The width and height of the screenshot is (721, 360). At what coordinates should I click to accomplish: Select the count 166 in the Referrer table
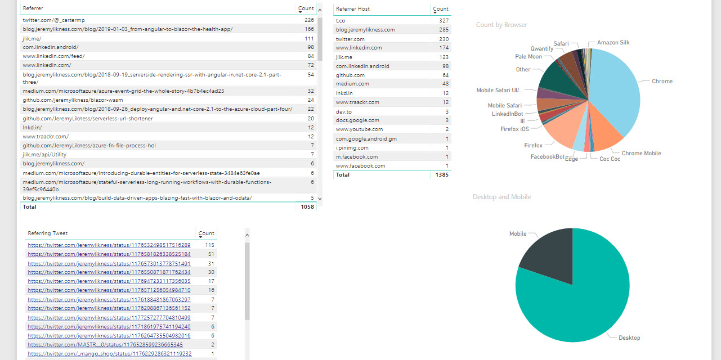(309, 29)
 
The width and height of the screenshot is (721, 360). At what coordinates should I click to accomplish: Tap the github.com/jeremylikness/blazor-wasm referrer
(73, 100)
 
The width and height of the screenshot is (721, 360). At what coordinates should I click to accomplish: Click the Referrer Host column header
(353, 8)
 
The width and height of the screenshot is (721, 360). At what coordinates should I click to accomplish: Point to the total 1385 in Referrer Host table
(442, 175)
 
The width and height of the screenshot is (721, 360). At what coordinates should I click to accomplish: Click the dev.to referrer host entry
(344, 111)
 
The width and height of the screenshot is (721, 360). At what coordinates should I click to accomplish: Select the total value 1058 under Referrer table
(307, 207)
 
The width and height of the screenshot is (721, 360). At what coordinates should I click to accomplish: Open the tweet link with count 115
(109, 245)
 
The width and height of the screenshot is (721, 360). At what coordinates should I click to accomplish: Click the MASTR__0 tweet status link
(105, 345)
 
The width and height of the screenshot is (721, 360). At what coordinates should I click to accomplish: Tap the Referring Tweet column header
(48, 233)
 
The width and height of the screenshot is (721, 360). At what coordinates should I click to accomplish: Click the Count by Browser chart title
(501, 25)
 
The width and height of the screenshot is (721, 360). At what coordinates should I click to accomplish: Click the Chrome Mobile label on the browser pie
(641, 153)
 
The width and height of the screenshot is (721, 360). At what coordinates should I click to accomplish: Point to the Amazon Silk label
(613, 42)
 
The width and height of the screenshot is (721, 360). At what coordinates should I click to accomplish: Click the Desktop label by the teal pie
(629, 338)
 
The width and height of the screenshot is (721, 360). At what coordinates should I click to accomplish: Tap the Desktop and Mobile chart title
(502, 197)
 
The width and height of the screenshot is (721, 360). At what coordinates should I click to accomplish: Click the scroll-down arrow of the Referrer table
(320, 199)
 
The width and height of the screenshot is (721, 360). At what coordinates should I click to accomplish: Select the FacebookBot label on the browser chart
(547, 157)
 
